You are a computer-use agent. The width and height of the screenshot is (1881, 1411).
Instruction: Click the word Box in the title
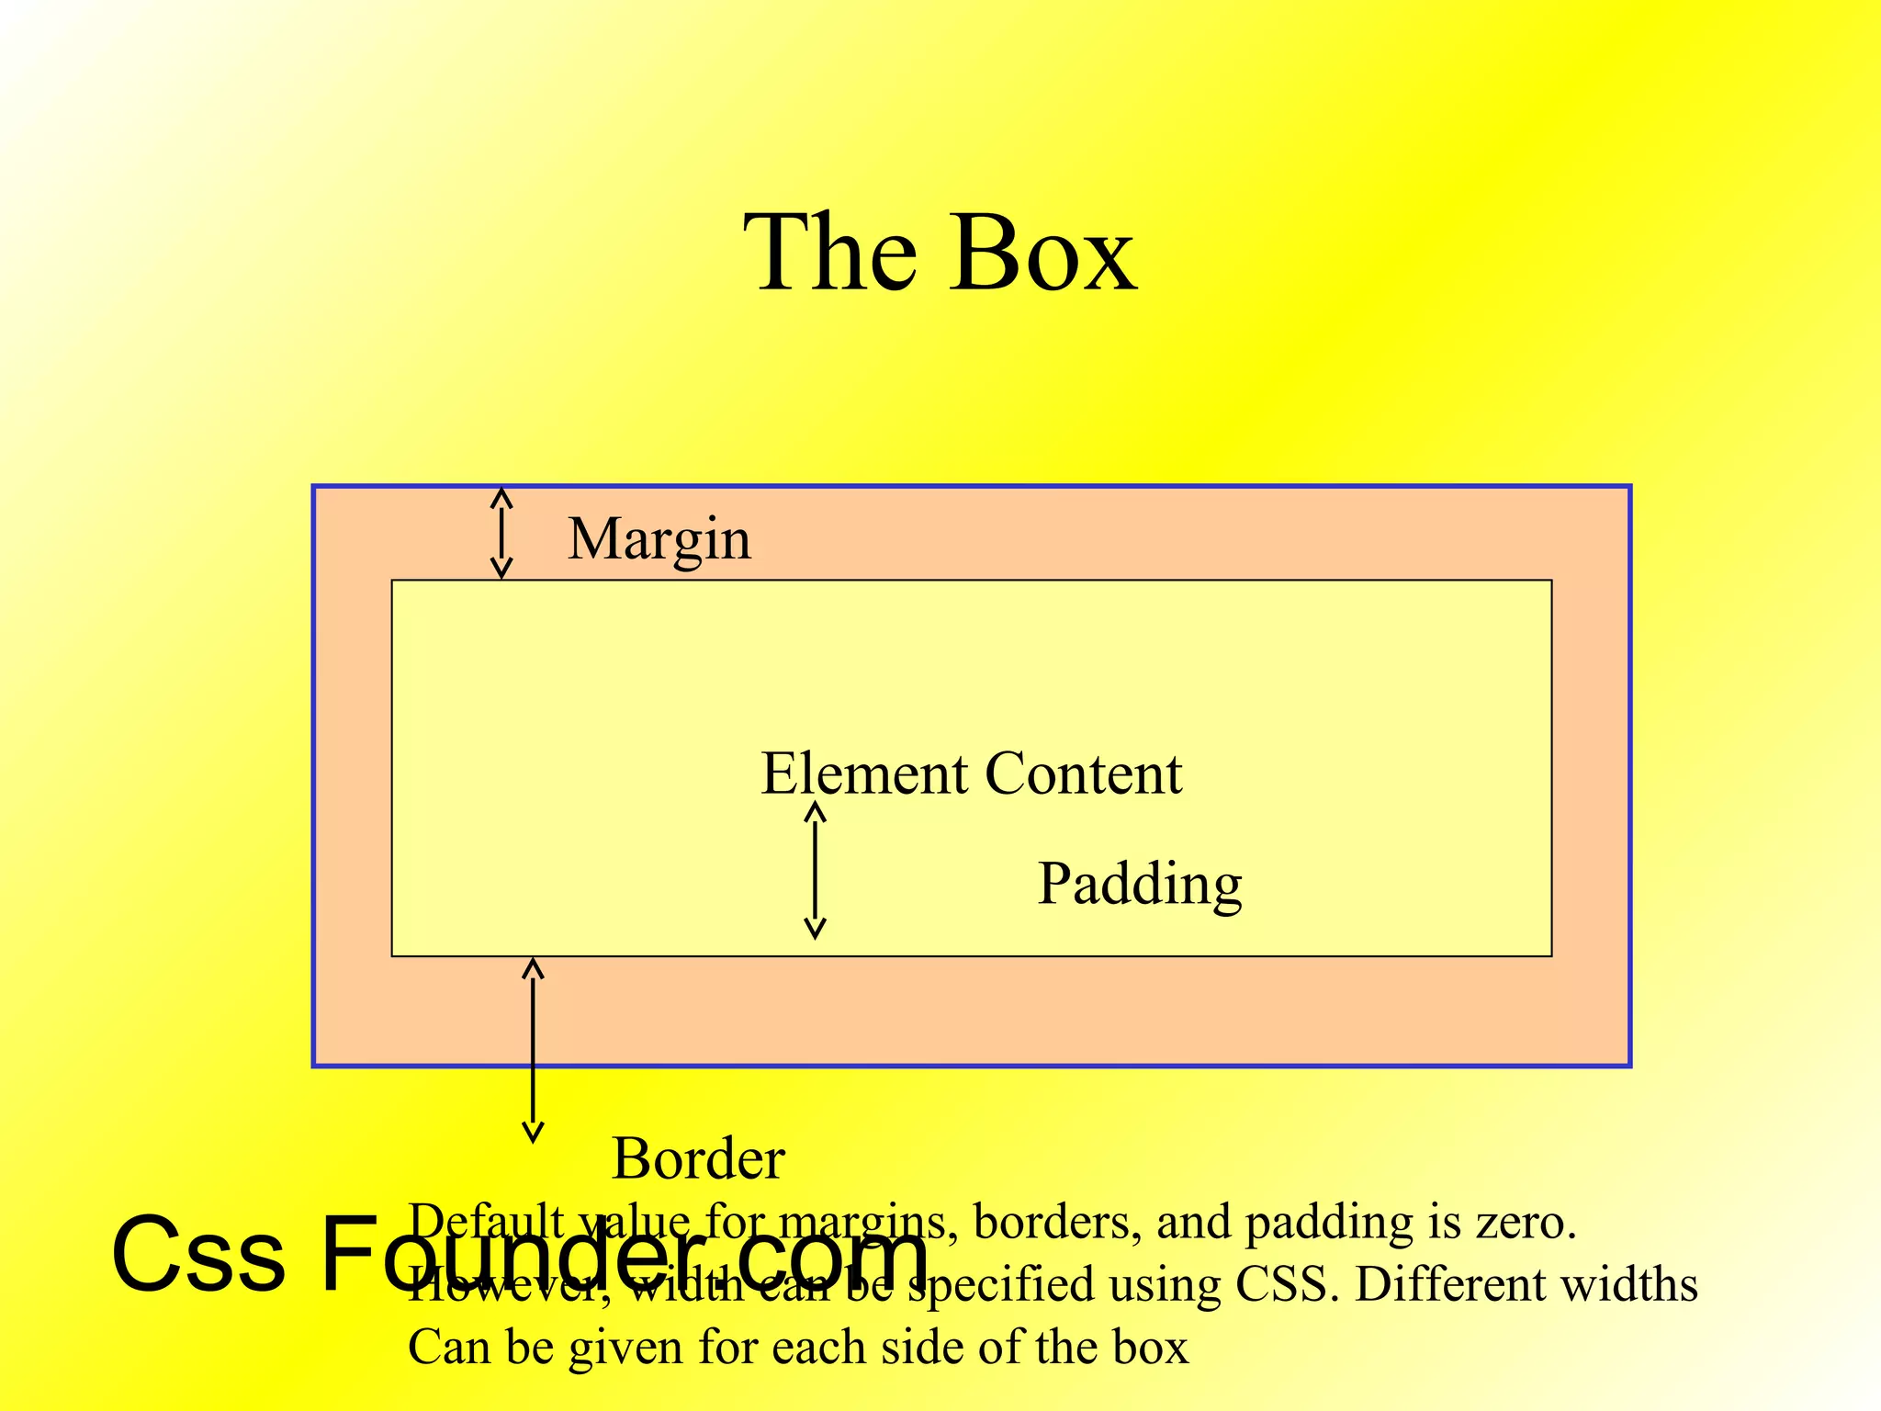1045,254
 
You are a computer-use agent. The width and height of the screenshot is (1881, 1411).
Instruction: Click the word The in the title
829,254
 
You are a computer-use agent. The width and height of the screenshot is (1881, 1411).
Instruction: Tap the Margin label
659,539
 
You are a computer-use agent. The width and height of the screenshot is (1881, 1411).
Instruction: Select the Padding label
1140,885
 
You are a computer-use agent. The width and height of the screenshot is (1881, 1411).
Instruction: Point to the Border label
698,1158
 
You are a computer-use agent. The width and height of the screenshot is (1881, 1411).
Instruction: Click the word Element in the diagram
864,773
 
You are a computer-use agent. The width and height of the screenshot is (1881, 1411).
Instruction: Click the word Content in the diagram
1084,773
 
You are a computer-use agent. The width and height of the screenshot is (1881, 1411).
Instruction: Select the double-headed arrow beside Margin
501,533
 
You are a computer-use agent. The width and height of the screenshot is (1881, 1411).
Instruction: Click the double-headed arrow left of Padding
815,870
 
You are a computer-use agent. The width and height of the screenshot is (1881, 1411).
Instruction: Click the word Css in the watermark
197,1255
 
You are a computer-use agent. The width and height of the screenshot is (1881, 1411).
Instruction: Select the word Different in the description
1451,1284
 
